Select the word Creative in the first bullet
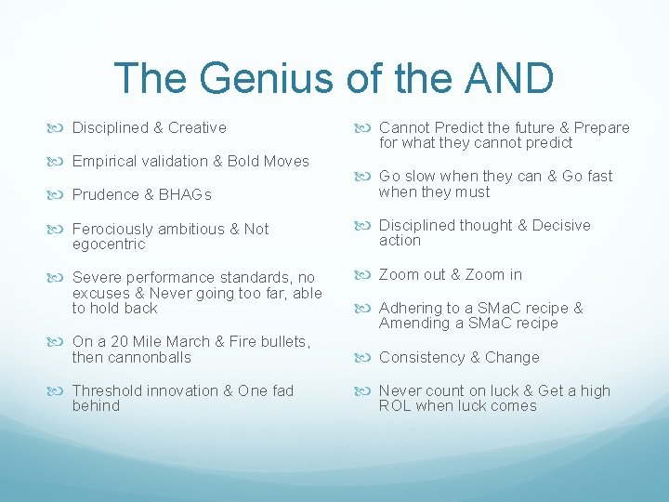coord(197,127)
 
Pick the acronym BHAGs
coord(185,194)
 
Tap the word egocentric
coord(109,244)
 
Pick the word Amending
coord(413,323)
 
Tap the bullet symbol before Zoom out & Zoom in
coord(366,274)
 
